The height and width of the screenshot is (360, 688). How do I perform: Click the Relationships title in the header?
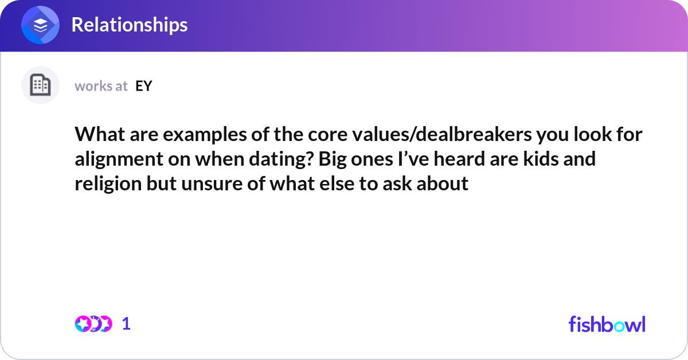tap(129, 25)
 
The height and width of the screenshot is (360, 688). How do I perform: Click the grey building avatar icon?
tap(40, 85)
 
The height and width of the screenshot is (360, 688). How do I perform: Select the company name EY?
tap(143, 86)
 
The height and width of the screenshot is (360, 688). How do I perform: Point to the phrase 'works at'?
tap(101, 86)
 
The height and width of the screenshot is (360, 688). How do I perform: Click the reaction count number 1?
tap(126, 324)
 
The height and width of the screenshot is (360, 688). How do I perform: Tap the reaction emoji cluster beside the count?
tap(93, 324)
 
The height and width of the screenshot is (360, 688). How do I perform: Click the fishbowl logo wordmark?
tap(607, 324)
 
